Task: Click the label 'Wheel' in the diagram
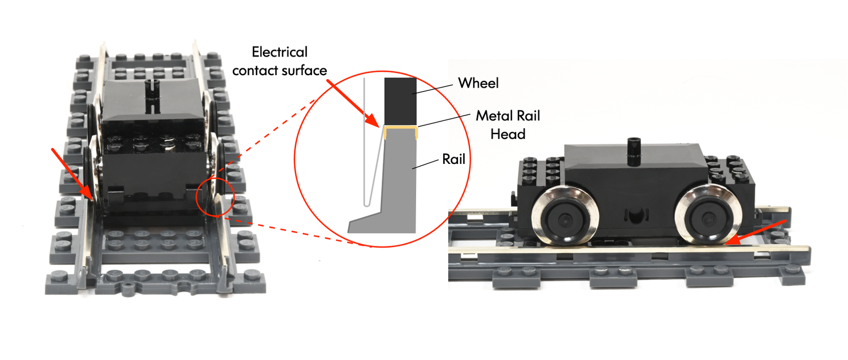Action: tap(478, 84)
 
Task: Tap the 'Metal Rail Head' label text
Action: tap(508, 124)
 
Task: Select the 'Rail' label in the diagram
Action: tap(453, 160)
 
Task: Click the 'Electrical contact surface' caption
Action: tap(280, 61)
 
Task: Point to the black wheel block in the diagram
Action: tap(400, 101)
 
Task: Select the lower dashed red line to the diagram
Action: tap(294, 232)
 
